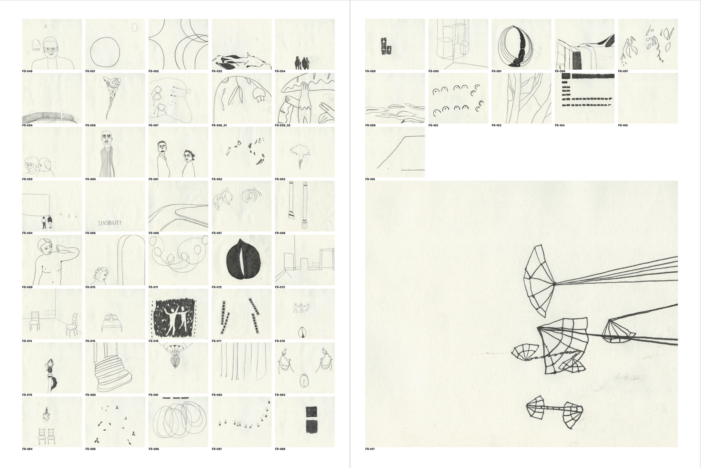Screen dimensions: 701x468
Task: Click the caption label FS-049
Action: pos(27,71)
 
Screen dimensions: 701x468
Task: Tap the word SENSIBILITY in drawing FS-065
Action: pos(110,223)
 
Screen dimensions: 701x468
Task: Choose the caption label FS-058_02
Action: pos(283,125)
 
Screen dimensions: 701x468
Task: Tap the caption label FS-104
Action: pos(560,125)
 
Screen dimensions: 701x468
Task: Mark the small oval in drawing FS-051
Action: pos(134,27)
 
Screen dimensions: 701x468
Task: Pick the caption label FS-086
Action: pos(154,449)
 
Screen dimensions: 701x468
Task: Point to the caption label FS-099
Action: pos(370,125)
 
